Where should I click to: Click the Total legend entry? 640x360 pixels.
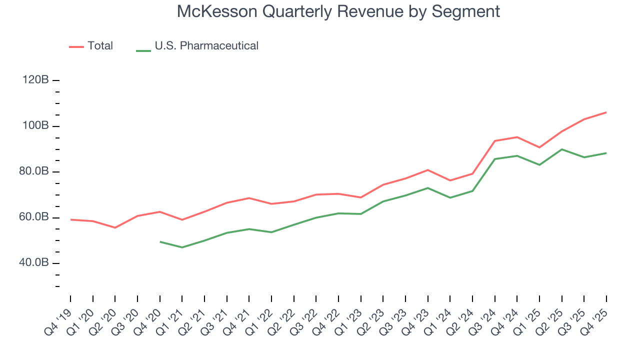click(100, 46)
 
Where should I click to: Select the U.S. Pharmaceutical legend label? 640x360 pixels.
click(206, 46)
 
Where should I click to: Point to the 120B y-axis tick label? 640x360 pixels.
click(34, 80)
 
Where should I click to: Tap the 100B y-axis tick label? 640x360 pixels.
click(34, 125)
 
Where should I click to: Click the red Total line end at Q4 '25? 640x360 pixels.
click(606, 112)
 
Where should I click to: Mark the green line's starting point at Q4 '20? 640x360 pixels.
click(160, 242)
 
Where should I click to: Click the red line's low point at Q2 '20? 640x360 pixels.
click(115, 227)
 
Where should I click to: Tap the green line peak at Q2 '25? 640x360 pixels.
click(561, 149)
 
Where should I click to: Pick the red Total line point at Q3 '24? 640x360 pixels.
click(494, 141)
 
